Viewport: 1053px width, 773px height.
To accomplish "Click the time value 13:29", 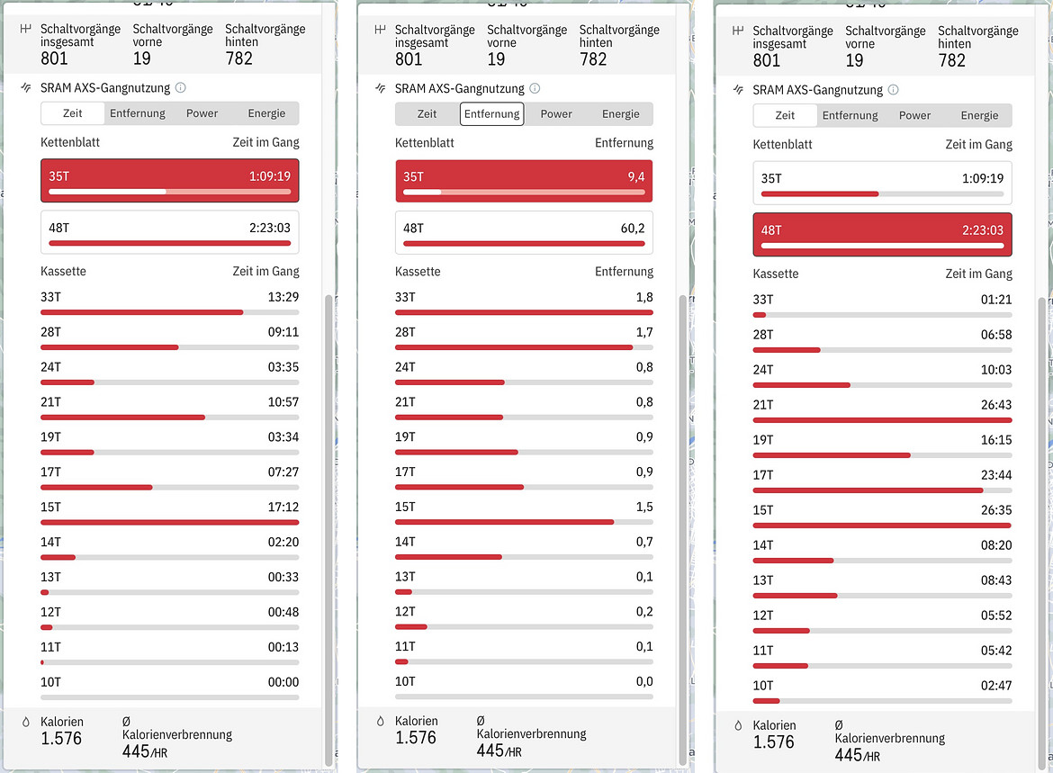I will pyautogui.click(x=283, y=297).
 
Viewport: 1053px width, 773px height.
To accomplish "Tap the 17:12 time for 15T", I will pyautogui.click(x=283, y=507).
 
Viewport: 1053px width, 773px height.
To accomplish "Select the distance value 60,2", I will pyautogui.click(x=633, y=228).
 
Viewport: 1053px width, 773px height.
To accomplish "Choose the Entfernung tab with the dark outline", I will pyautogui.click(x=491, y=113).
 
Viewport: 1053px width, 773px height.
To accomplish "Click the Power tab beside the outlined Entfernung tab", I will pyautogui.click(x=556, y=113).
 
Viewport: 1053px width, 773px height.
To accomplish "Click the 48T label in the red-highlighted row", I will pyautogui.click(x=771, y=229).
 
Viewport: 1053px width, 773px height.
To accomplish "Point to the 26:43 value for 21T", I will pyautogui.click(x=996, y=405).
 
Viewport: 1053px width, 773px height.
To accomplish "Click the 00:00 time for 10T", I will pyautogui.click(x=283, y=682).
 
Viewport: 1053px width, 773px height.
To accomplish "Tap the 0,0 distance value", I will pyautogui.click(x=644, y=682).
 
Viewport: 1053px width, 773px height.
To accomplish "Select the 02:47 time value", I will pyautogui.click(x=996, y=686).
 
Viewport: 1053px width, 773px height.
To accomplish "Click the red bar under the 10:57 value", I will pyautogui.click(x=122, y=417).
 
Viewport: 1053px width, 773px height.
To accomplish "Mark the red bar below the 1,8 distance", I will pyautogui.click(x=524, y=312).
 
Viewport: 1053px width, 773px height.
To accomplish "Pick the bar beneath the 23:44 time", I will pyautogui.click(x=868, y=490).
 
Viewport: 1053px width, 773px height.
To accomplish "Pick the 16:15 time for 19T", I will pyautogui.click(x=996, y=440).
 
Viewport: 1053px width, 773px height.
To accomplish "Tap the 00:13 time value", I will pyautogui.click(x=283, y=647).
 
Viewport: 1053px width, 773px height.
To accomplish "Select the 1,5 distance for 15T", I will pyautogui.click(x=644, y=507).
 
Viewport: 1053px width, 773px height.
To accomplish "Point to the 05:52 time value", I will pyautogui.click(x=996, y=616).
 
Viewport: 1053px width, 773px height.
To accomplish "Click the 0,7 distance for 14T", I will pyautogui.click(x=644, y=542).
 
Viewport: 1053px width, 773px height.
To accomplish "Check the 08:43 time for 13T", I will pyautogui.click(x=996, y=580).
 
